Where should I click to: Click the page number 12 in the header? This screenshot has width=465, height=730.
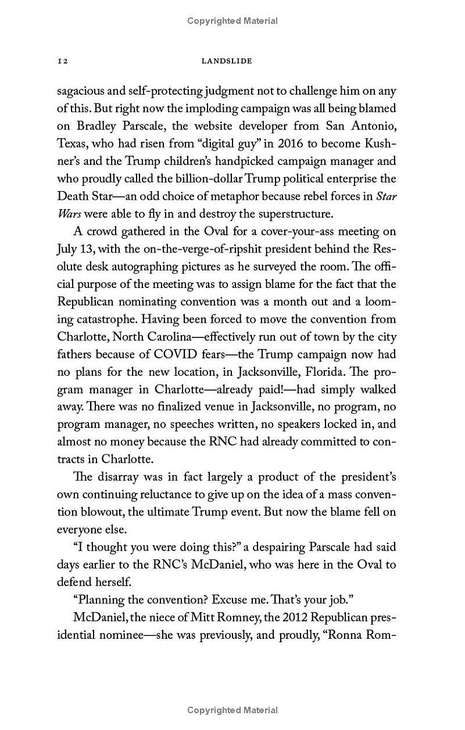click(x=63, y=61)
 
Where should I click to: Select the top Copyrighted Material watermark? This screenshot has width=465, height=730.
click(x=233, y=21)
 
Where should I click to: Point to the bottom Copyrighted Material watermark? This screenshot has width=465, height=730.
click(x=233, y=710)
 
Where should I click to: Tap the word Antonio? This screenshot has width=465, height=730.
click(x=374, y=126)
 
